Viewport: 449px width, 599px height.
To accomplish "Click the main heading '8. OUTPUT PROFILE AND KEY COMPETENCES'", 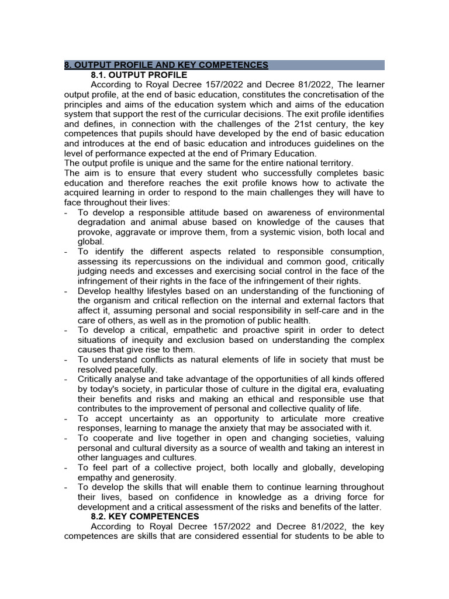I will (x=166, y=65).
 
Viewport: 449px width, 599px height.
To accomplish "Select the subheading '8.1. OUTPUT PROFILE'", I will (x=139, y=75).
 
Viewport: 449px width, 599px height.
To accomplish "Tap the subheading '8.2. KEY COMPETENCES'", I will (x=145, y=517).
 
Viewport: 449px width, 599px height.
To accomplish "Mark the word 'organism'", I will (x=112, y=301).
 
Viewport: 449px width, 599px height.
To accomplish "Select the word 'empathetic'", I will (x=195, y=331).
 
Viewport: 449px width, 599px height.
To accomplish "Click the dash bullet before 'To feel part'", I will (x=66, y=468).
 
